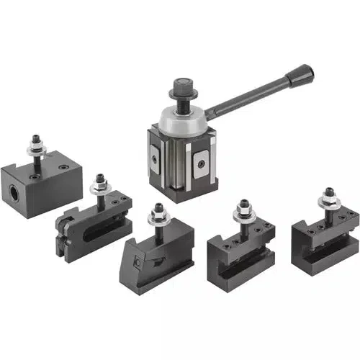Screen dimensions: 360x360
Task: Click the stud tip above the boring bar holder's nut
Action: [35, 136]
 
